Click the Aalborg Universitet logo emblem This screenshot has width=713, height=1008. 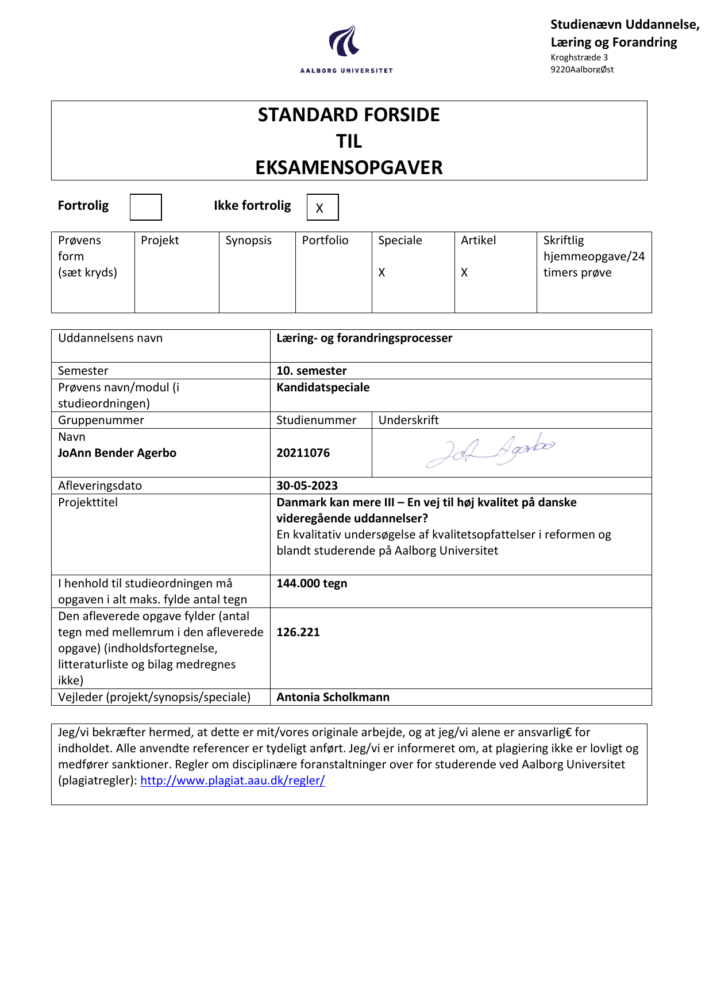[345, 41]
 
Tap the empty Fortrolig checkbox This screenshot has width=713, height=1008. [145, 207]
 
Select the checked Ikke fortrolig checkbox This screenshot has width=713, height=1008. [322, 207]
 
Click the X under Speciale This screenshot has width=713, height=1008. [381, 272]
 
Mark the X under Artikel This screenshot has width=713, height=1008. [464, 272]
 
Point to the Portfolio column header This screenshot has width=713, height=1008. [325, 240]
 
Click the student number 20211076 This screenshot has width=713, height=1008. [303, 453]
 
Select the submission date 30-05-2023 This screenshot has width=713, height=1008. [307, 486]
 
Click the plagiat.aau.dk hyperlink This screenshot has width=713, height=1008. [233, 780]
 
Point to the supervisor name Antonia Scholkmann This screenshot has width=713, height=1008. [333, 697]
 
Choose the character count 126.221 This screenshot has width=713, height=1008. [298, 632]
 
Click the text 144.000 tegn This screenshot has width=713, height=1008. [312, 583]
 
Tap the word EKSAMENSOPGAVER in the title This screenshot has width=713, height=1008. [349, 168]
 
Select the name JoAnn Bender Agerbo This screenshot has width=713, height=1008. [117, 453]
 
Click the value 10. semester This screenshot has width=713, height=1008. [311, 371]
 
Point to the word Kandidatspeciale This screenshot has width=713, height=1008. [323, 387]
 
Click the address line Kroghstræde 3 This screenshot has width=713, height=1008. [579, 57]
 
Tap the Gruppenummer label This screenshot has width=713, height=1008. [101, 420]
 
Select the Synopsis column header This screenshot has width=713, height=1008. [248, 240]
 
